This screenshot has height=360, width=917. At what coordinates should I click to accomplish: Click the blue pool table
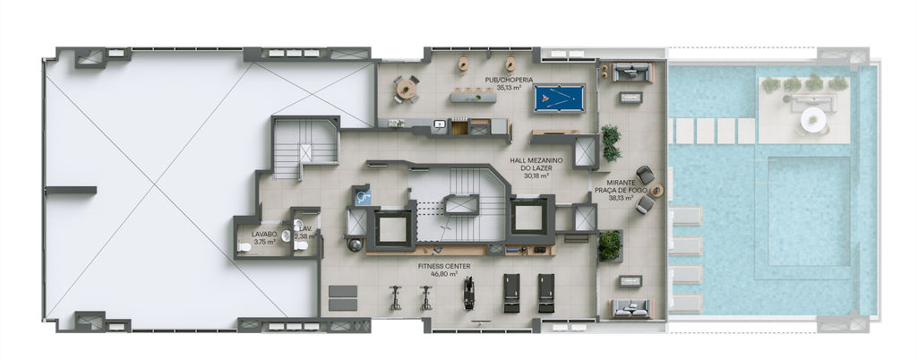click(559, 99)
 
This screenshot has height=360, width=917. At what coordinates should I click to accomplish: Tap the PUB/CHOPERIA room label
click(503, 80)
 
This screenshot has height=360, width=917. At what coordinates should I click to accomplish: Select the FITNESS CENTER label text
click(444, 266)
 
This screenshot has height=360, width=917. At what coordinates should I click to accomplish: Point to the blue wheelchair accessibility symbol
click(362, 196)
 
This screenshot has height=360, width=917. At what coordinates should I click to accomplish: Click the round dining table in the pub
click(406, 89)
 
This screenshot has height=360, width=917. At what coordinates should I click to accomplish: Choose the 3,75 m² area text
click(263, 242)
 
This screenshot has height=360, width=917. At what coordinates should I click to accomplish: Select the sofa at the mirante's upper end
click(630, 73)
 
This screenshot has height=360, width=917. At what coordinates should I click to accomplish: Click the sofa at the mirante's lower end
click(630, 308)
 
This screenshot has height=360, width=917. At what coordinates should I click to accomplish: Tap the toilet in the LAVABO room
click(244, 247)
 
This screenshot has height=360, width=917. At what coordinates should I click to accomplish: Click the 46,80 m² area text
click(444, 273)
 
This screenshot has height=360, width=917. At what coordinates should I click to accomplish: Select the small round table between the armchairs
click(656, 191)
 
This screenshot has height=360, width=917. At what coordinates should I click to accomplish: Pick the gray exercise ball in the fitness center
click(355, 244)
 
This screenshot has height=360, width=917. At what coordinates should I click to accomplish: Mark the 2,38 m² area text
click(305, 236)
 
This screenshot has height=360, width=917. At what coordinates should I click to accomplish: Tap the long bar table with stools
click(473, 97)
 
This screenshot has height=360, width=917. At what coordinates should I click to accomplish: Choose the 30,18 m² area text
click(536, 176)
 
